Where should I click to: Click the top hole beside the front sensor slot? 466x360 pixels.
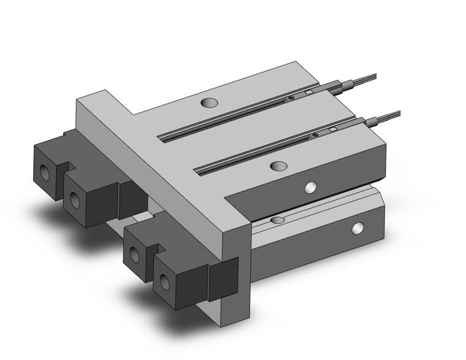point(278,166)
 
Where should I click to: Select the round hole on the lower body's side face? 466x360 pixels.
point(357,229)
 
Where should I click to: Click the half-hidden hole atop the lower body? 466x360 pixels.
point(278,219)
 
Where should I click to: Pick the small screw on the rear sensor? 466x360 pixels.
point(291,98)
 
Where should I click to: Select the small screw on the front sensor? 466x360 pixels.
point(315,134)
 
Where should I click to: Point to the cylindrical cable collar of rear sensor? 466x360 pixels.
point(347,83)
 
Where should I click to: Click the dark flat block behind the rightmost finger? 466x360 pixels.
point(223,279)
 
